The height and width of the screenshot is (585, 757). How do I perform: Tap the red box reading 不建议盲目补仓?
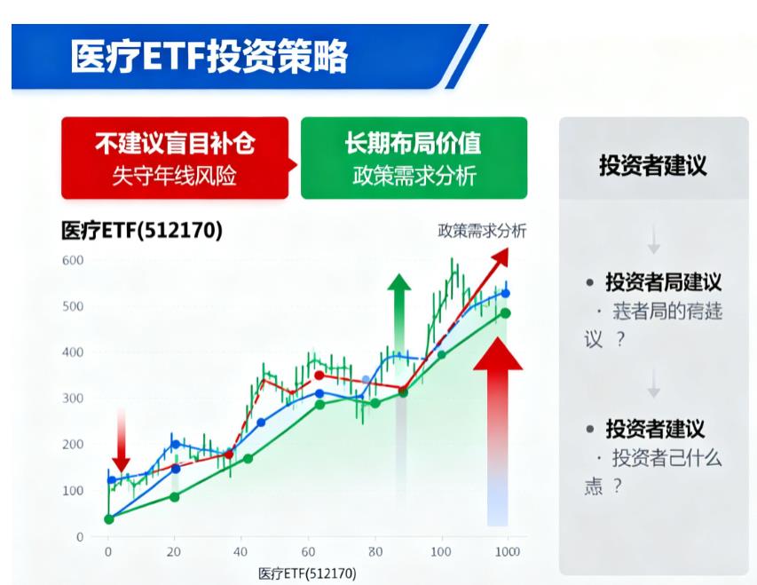[x=174, y=157]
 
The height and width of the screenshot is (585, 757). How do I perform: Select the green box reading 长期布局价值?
[x=414, y=157]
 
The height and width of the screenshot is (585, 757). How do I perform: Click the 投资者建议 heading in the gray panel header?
[x=652, y=166]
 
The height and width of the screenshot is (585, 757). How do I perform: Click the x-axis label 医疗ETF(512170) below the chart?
[x=307, y=573]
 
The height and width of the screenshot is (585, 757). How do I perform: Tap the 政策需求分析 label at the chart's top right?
[x=482, y=232]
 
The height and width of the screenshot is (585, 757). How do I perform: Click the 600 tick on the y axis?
[x=73, y=260]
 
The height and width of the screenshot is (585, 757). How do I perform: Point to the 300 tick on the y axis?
[x=73, y=399]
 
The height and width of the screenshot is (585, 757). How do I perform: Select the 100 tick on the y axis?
[x=73, y=491]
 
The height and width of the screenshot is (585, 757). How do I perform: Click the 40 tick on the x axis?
[x=241, y=552]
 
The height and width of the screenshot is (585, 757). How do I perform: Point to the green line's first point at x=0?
[x=109, y=519]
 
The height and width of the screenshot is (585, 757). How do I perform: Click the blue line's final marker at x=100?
[x=506, y=293]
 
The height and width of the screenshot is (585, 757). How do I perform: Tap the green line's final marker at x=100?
[x=505, y=312]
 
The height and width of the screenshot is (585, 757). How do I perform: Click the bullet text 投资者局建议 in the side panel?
[x=663, y=282]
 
